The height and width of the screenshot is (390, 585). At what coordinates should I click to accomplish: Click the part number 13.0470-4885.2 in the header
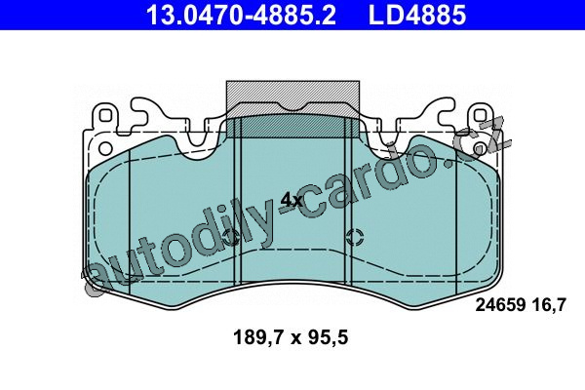click(x=241, y=15)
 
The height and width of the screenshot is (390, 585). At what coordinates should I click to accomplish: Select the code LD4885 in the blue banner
click(x=417, y=15)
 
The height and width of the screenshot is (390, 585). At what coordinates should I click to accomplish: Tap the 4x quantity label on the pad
click(x=292, y=201)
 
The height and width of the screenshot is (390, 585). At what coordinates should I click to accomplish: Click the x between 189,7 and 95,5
click(x=296, y=339)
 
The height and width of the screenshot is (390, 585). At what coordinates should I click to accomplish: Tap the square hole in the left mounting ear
click(x=105, y=115)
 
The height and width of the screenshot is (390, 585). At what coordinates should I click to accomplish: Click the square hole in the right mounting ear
click(x=480, y=115)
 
